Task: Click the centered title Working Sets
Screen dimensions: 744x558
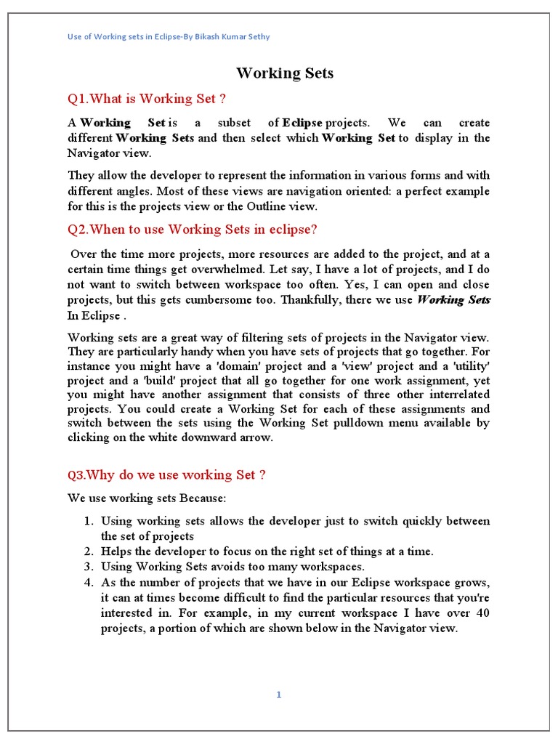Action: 285,73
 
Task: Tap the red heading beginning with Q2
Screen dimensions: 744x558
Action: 193,230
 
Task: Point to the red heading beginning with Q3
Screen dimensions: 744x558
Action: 166,475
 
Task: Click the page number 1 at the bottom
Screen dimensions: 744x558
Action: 278,695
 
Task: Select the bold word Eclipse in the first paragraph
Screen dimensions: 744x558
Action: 302,123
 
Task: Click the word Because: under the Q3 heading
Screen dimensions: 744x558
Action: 203,498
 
